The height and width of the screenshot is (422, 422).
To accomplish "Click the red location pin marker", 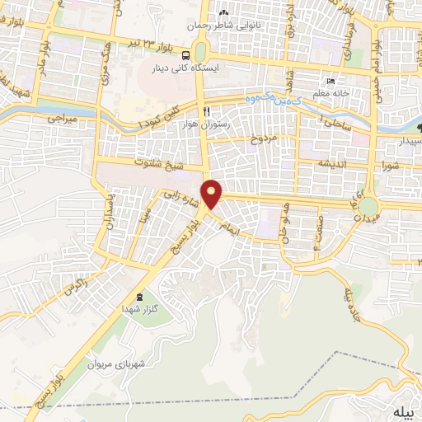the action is point(213,194).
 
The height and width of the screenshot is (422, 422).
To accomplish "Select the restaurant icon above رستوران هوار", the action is point(207,111).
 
